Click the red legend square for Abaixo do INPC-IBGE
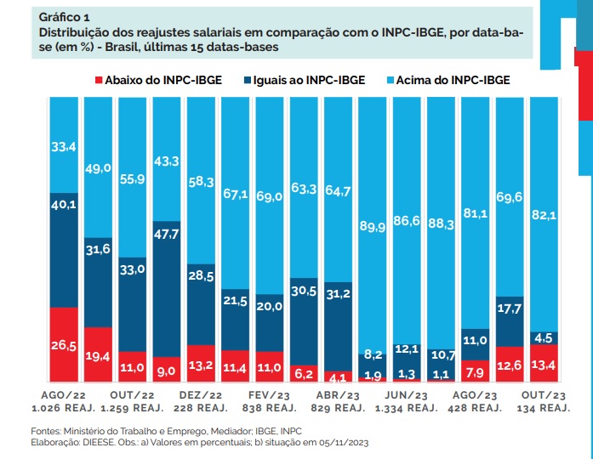click(x=99, y=81)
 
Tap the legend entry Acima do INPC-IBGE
click(x=455, y=81)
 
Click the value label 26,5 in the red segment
click(x=63, y=345)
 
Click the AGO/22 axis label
click(x=63, y=396)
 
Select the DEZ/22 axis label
click(x=200, y=396)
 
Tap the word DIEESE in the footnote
click(x=96, y=443)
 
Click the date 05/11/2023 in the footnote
click(x=340, y=443)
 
